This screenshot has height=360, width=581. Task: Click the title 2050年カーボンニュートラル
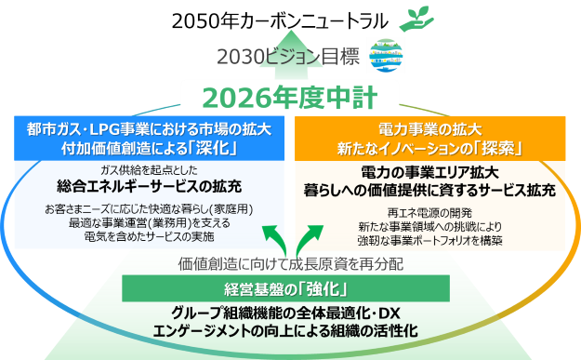click(x=280, y=21)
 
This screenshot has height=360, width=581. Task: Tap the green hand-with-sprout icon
click(x=416, y=19)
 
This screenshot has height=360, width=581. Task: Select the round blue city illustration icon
click(x=386, y=56)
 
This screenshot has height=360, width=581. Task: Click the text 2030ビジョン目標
click(x=288, y=57)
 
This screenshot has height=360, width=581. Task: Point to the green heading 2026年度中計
click(x=290, y=98)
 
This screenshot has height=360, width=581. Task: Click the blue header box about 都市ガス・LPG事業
click(x=150, y=139)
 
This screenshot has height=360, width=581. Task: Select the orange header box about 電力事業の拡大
click(x=429, y=139)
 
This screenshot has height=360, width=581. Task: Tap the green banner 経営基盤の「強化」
click(x=285, y=288)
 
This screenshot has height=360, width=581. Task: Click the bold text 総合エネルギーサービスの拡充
click(x=150, y=186)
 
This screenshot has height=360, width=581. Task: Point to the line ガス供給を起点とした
click(x=149, y=170)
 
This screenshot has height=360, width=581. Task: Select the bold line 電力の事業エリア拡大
click(x=429, y=173)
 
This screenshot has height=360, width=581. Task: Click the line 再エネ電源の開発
click(x=429, y=213)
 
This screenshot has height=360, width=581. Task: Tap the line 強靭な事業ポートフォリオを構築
click(x=429, y=241)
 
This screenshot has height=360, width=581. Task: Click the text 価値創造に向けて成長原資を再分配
click(x=291, y=264)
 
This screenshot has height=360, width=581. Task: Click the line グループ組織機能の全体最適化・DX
click(x=285, y=313)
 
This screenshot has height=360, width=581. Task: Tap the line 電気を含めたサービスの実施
click(x=150, y=236)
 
